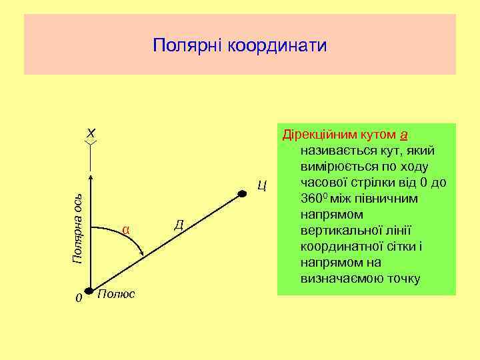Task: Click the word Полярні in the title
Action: point(188,45)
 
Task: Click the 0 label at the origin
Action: point(78,298)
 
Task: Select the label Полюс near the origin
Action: point(116,294)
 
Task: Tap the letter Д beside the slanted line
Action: point(179,223)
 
